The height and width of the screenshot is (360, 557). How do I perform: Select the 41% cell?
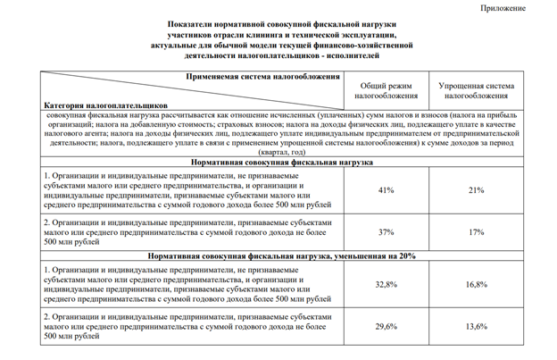coord(387,190)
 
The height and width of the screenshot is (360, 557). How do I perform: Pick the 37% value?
coord(387,232)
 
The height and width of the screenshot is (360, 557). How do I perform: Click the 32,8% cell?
coord(387,284)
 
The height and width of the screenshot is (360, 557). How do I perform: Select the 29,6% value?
coord(387,327)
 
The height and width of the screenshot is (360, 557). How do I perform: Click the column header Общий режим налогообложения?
coord(387,89)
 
